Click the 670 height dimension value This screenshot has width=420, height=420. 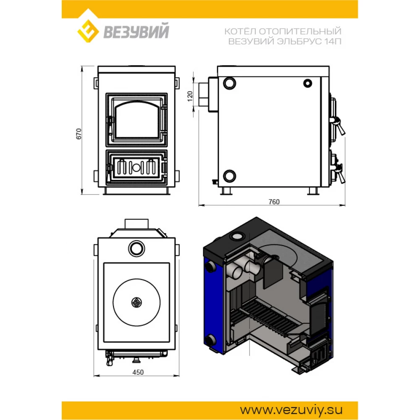click(79, 134)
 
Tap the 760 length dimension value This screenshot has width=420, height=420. click(274, 202)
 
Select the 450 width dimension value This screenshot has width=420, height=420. click(138, 372)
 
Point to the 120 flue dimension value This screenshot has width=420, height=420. click(190, 97)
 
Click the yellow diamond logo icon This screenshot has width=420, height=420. click(88, 31)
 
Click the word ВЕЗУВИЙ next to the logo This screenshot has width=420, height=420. click(136, 31)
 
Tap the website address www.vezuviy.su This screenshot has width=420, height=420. click(291, 410)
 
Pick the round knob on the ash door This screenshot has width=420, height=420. click(136, 168)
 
